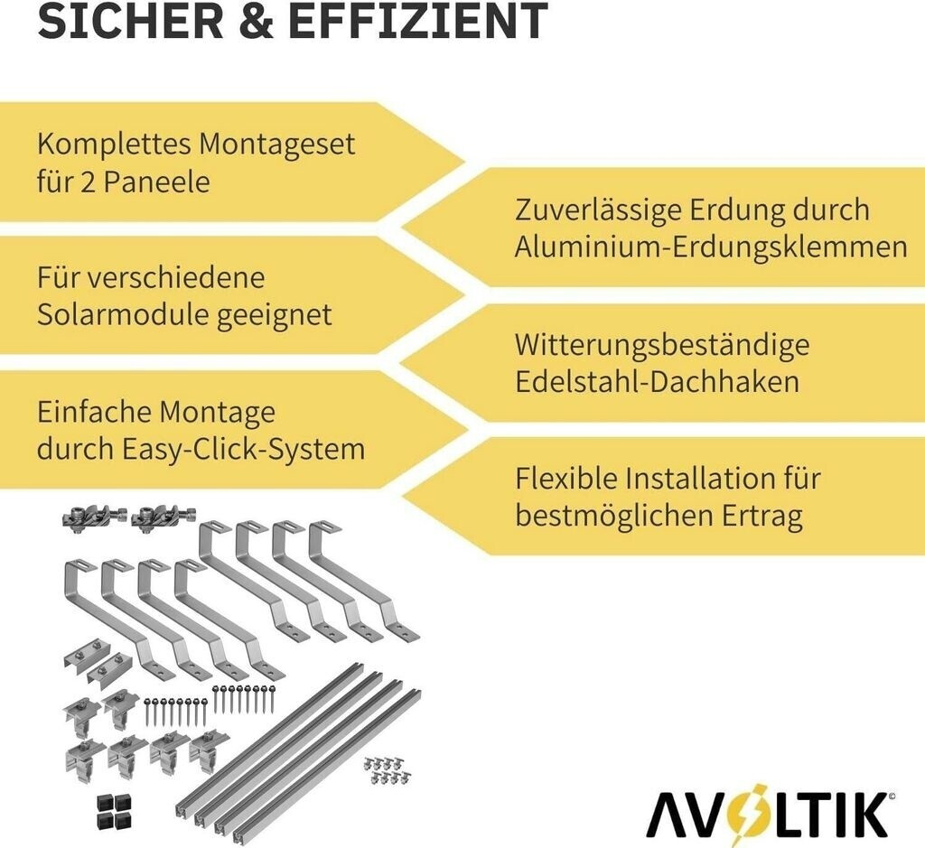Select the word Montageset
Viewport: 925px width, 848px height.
tap(277, 144)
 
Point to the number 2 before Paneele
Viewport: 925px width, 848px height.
tap(88, 182)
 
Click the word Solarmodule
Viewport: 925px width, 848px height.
tap(123, 313)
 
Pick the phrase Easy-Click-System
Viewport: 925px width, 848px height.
tap(244, 450)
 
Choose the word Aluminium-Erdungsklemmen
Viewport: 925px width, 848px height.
tap(711, 247)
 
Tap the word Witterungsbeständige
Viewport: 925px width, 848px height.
tap(662, 346)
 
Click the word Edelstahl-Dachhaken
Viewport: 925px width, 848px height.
tap(658, 381)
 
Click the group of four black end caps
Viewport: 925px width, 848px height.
tap(114, 812)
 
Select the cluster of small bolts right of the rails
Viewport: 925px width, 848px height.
tap(387, 770)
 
